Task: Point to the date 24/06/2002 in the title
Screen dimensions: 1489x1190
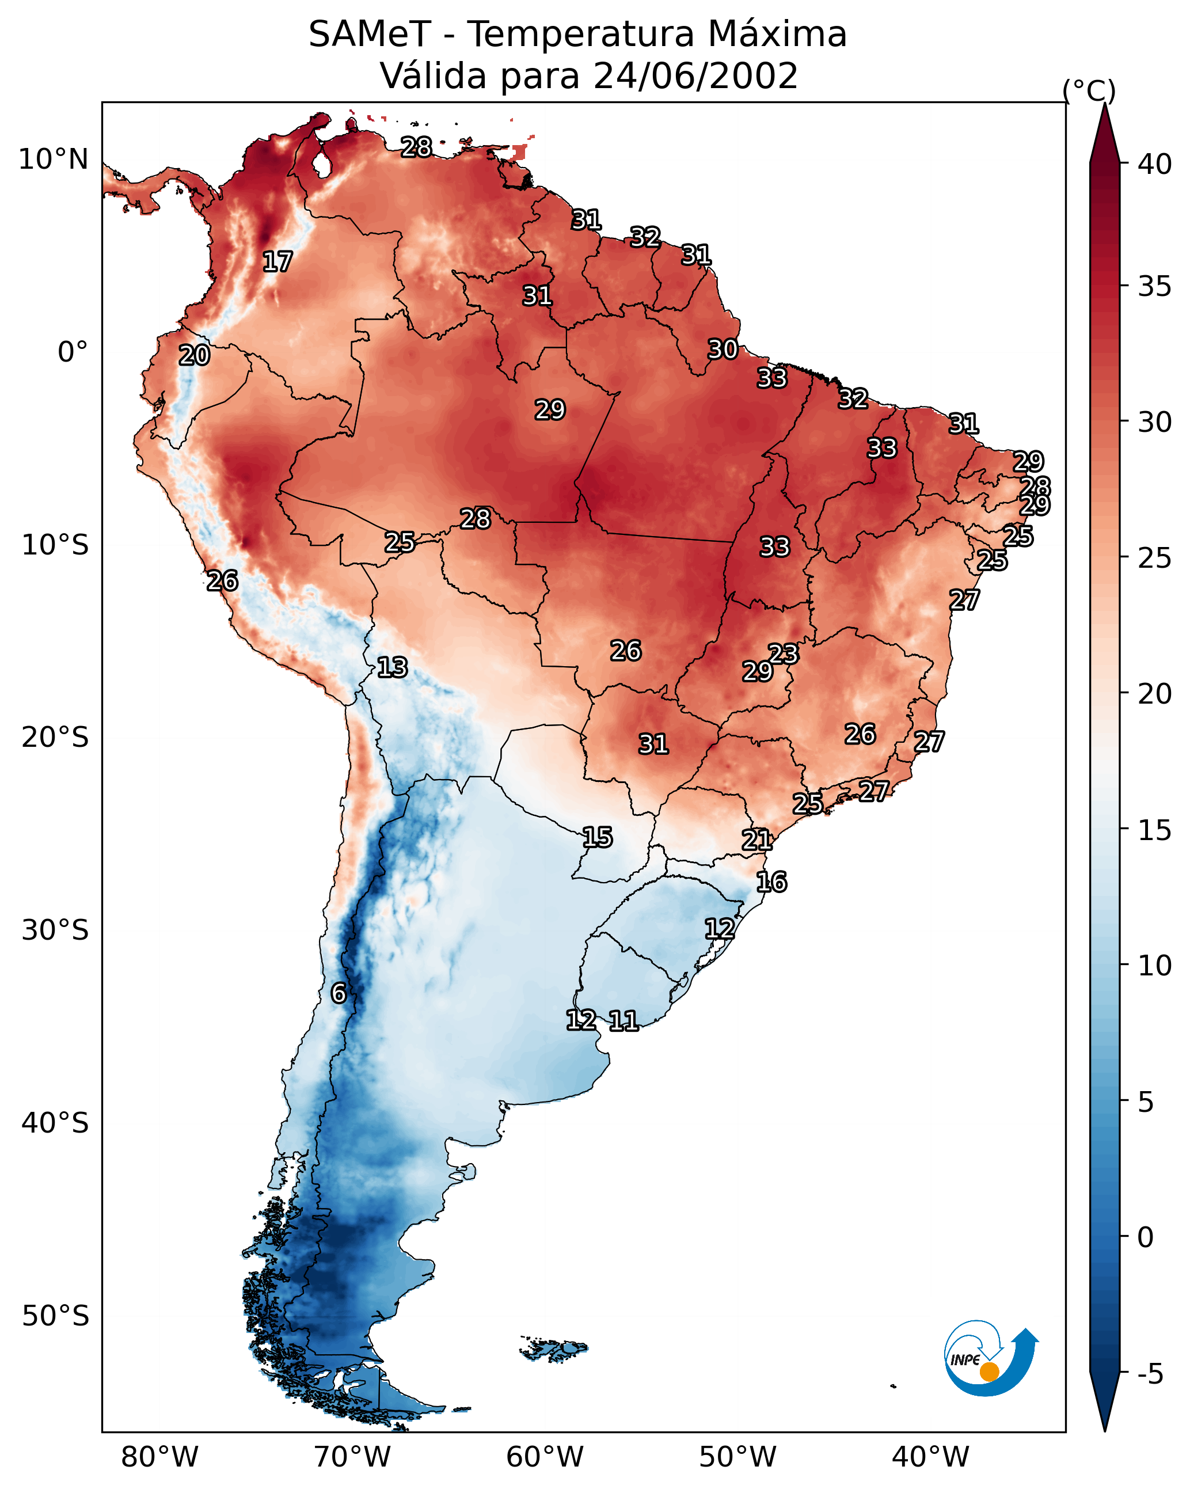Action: (x=695, y=76)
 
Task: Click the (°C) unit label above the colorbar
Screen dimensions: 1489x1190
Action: (x=1089, y=90)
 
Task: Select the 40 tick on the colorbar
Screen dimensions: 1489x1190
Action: (x=1155, y=164)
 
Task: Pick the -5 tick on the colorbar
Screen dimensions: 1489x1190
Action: (x=1150, y=1374)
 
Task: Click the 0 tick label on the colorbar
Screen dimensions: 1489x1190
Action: (x=1145, y=1237)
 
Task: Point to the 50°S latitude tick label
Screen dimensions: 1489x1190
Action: (x=55, y=1316)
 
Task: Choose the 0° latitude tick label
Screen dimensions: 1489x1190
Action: (x=73, y=352)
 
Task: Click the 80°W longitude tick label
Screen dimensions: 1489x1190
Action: (x=159, y=1457)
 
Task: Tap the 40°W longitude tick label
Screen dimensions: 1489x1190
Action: (x=930, y=1457)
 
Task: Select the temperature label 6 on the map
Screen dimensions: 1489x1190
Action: (x=339, y=993)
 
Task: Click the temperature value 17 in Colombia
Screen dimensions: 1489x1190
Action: (x=277, y=262)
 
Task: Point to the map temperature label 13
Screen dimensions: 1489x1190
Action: (x=392, y=667)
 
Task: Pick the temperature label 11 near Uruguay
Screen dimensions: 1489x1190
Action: (x=623, y=1021)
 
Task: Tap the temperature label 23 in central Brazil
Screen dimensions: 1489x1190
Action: (x=783, y=654)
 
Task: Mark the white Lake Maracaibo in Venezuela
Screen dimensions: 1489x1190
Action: (x=321, y=164)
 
